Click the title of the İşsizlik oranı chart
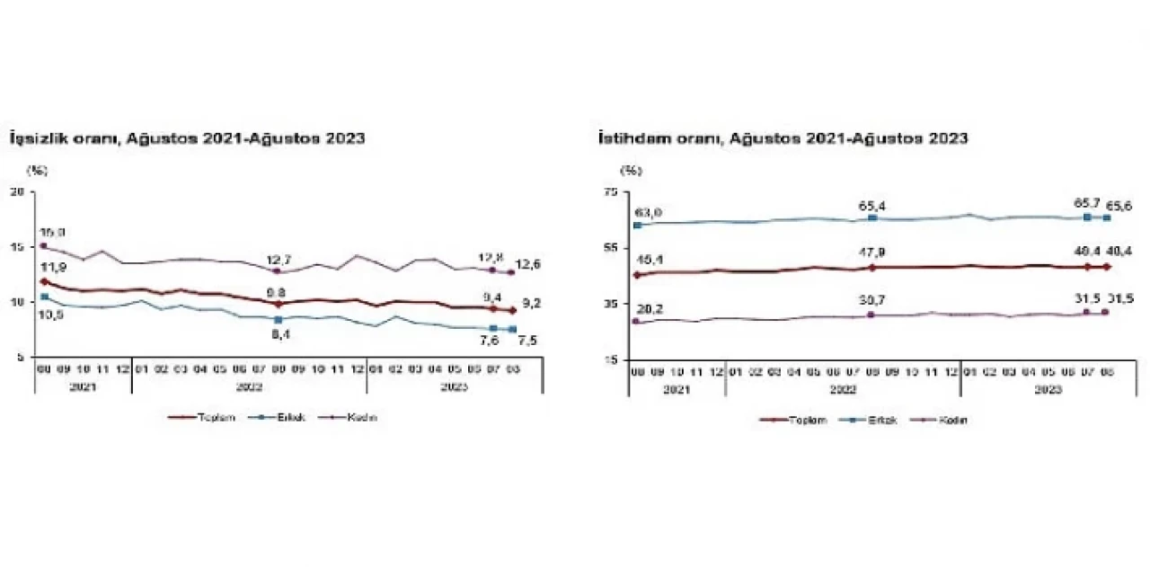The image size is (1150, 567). [187, 138]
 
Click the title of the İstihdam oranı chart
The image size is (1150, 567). [783, 138]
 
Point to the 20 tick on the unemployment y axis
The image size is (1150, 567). [16, 190]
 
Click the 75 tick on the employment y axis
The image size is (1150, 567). [611, 190]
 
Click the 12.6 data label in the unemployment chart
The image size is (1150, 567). [528, 263]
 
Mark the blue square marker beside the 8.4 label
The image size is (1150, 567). [279, 319]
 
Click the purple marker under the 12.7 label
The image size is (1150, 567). [278, 270]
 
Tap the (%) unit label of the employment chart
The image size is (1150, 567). [632, 169]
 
